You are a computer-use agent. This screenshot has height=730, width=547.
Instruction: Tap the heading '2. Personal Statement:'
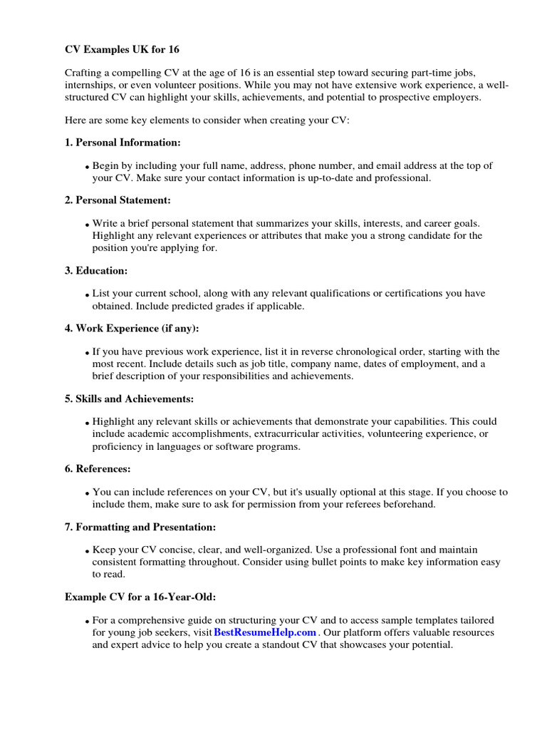tap(118, 200)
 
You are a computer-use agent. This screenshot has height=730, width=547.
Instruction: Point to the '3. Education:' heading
tap(96, 271)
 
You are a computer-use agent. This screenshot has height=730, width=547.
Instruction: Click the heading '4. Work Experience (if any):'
tap(132, 328)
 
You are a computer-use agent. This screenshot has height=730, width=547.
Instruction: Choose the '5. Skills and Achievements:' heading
tap(129, 399)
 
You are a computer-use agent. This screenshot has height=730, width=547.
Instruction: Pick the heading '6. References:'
tap(98, 469)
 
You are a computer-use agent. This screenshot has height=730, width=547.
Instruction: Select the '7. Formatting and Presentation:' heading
tap(140, 527)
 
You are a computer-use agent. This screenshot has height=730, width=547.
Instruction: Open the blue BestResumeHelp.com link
tap(264, 632)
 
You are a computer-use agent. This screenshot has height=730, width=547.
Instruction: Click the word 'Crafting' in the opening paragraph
tap(83, 73)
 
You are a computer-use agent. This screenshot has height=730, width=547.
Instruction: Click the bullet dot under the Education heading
tap(88, 295)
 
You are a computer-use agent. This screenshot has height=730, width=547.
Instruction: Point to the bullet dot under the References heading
tap(88, 493)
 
